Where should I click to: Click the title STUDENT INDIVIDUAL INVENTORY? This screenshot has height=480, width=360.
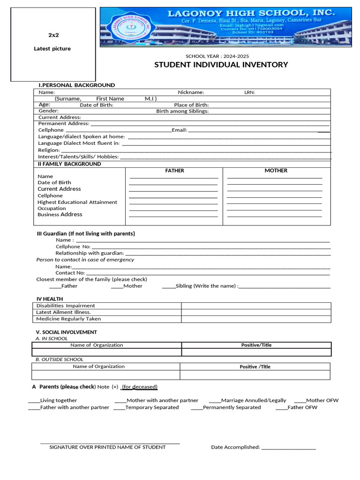click(x=221, y=65)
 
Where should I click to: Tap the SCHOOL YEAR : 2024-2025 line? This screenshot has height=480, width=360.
click(x=217, y=56)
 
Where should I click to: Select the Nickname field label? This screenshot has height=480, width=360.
click(x=191, y=92)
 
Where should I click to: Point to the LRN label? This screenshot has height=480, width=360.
click(x=249, y=92)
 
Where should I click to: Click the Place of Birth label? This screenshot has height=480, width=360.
click(x=191, y=105)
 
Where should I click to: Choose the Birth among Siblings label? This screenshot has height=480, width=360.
click(x=182, y=111)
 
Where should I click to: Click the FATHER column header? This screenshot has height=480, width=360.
click(x=174, y=171)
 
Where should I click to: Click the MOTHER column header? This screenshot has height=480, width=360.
click(x=276, y=171)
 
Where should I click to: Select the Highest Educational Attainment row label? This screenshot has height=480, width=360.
click(x=77, y=202)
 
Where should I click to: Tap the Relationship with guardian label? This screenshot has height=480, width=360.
click(x=90, y=253)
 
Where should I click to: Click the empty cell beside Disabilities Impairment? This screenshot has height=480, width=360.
click(x=256, y=306)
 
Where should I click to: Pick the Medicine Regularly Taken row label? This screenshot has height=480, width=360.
click(x=68, y=319)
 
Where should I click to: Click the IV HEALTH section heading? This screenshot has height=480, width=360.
click(x=50, y=299)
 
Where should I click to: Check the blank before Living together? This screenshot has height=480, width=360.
click(x=34, y=401)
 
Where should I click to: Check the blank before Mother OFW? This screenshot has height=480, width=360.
click(x=300, y=401)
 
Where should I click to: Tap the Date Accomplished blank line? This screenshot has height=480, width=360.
click(x=289, y=448)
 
